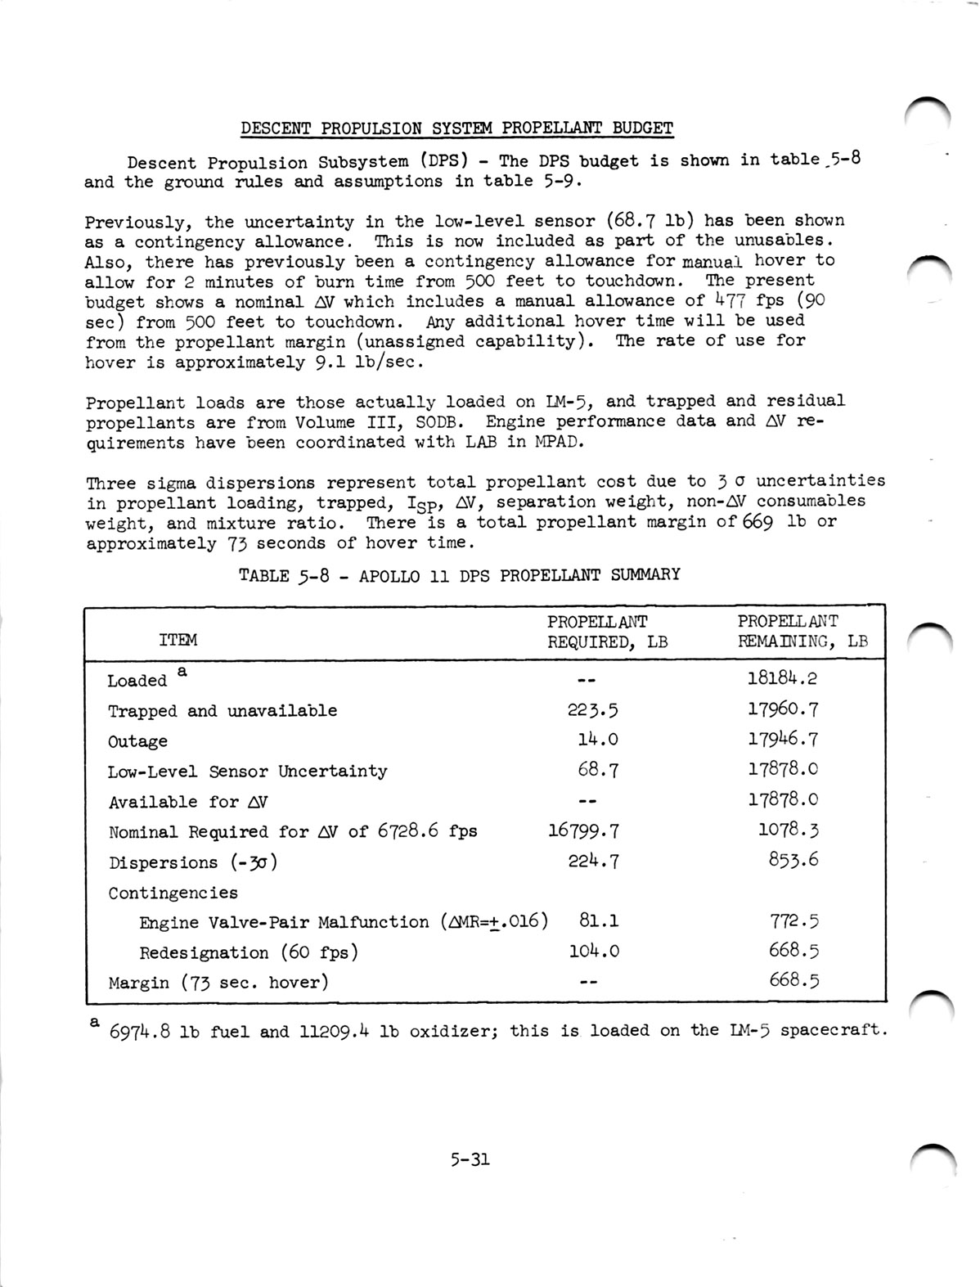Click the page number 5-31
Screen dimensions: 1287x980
coord(469,1159)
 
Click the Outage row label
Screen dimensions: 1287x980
coord(137,741)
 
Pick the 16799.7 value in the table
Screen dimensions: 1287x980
coord(583,831)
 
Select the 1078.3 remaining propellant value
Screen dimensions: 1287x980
coord(789,830)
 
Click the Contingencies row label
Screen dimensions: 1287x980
coord(173,893)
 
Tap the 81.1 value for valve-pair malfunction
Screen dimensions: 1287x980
coord(599,920)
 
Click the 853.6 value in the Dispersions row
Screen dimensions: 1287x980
coord(793,859)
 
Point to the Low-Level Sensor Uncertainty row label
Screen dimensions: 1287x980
coord(247,772)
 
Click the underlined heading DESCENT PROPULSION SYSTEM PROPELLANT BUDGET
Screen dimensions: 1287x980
coord(456,128)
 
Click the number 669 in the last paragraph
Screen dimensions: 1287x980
coord(757,522)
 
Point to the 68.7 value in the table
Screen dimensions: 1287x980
coord(598,769)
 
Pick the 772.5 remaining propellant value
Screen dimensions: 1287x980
coord(793,921)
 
